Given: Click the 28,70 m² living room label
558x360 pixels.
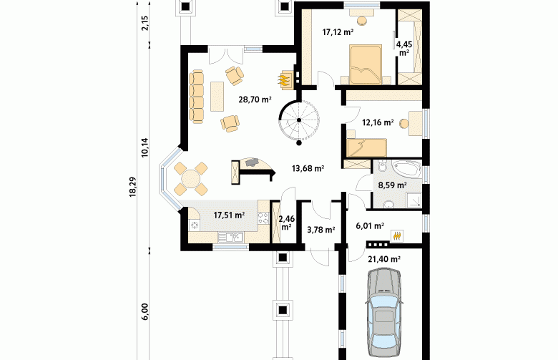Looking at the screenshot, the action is pos(255,99).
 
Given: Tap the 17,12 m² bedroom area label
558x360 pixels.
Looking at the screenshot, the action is pos(338,32).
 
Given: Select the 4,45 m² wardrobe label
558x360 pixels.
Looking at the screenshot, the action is pos(404,49).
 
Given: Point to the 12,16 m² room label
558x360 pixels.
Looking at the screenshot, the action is pos(378,123).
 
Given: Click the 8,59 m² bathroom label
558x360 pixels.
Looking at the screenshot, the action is pos(392,185).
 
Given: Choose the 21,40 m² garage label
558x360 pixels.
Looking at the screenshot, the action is pos(384,259).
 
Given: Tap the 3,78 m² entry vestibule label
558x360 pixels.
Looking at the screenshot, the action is pos(320,230).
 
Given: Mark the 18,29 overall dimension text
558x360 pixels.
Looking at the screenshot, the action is pos(132,186).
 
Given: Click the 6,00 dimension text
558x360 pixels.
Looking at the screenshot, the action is pos(145,312).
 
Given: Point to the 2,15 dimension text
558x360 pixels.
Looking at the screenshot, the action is pos(145,24).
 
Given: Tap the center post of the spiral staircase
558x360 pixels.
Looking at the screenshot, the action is pos(299,120).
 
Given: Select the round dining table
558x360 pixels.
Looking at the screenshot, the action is pos(190,179).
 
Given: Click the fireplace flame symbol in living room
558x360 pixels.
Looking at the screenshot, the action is pos(283,80).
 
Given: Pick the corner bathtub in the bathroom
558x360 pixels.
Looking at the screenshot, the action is pos(406,170).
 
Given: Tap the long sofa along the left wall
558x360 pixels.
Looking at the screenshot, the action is pos(197,97).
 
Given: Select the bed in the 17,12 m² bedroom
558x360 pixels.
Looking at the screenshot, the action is pos(366,64).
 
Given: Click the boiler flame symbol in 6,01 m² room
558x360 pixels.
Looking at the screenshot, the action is pos(397,235).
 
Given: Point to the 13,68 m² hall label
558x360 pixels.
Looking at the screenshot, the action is pos(308,168).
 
